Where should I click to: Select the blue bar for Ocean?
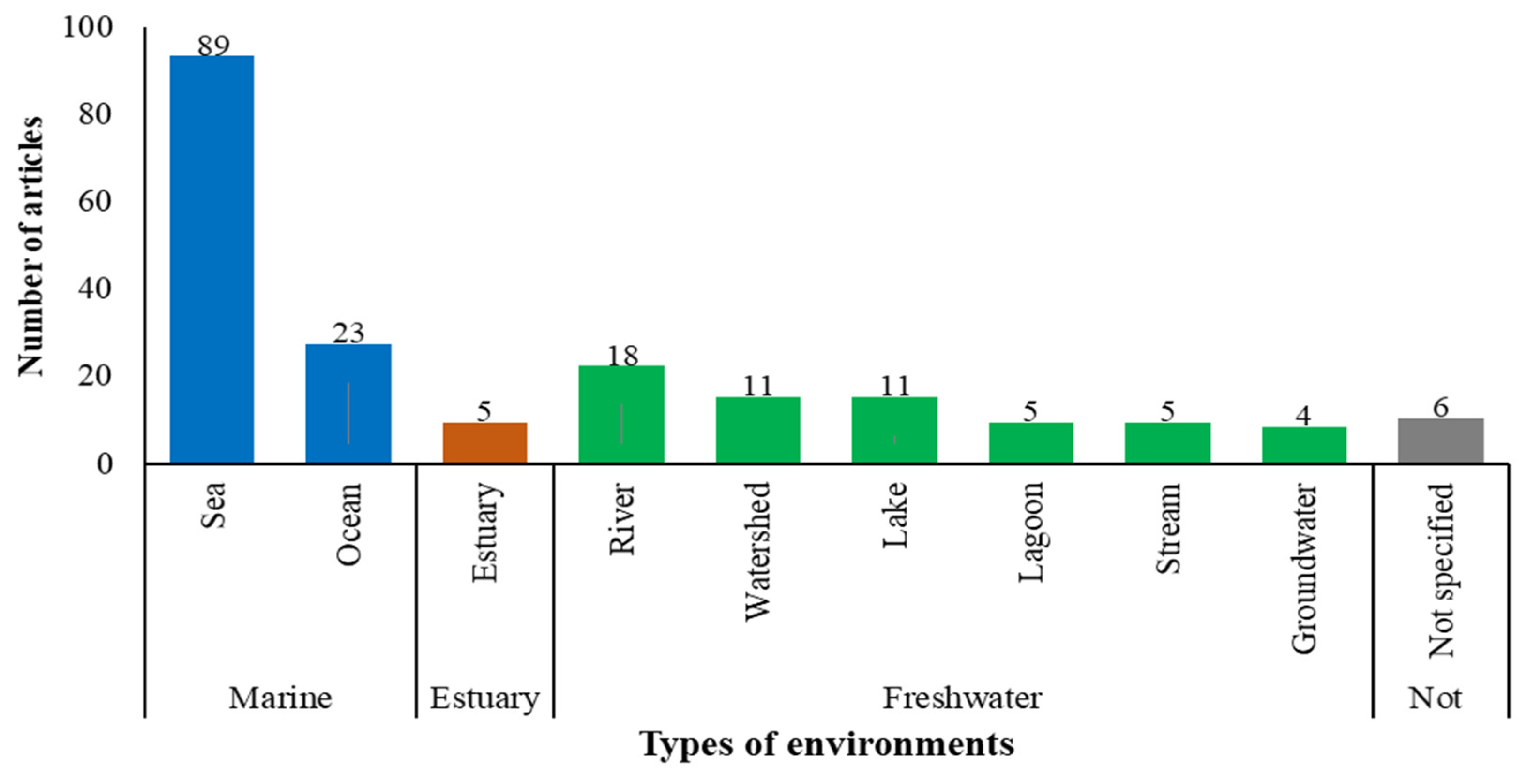348,403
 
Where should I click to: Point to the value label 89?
213,45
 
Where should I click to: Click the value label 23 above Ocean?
348,333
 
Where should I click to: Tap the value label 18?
622,356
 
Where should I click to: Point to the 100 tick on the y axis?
87,27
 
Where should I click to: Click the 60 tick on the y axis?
95,202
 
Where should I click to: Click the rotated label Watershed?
757,551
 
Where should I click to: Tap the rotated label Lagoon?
1031,532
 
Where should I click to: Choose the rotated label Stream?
1168,528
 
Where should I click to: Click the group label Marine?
280,698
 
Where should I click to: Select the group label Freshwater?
962,698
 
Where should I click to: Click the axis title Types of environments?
827,744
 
